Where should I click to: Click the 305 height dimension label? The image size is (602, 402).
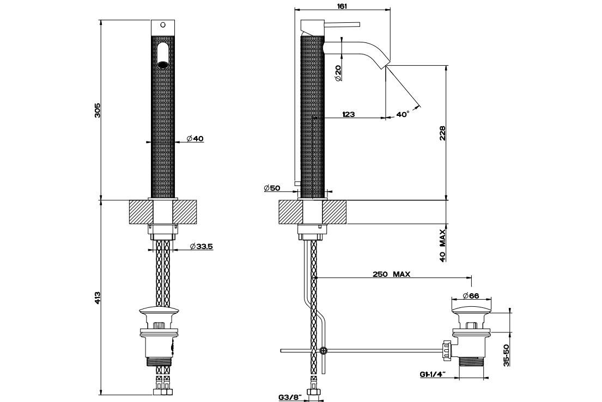click(x=98, y=110)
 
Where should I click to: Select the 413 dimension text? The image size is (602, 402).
click(x=98, y=298)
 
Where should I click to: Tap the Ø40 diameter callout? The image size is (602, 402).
click(x=195, y=138)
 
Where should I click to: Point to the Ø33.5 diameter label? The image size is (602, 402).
click(x=202, y=246)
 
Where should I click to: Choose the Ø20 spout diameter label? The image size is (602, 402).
click(x=338, y=73)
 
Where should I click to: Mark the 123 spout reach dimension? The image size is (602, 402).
click(x=348, y=114)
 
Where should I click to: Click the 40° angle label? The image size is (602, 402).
click(x=403, y=114)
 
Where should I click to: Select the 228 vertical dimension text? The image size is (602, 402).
click(x=443, y=133)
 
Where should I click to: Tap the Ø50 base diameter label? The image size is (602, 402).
click(x=272, y=188)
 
